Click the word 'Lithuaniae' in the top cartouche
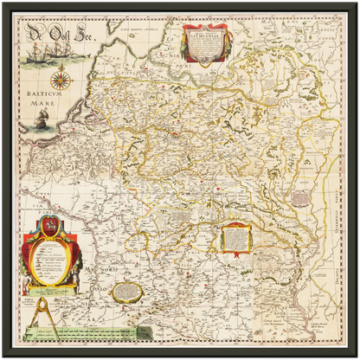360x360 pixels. tap(206, 36)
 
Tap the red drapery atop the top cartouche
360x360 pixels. tap(206, 27)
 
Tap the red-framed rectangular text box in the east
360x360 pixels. tap(236, 237)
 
